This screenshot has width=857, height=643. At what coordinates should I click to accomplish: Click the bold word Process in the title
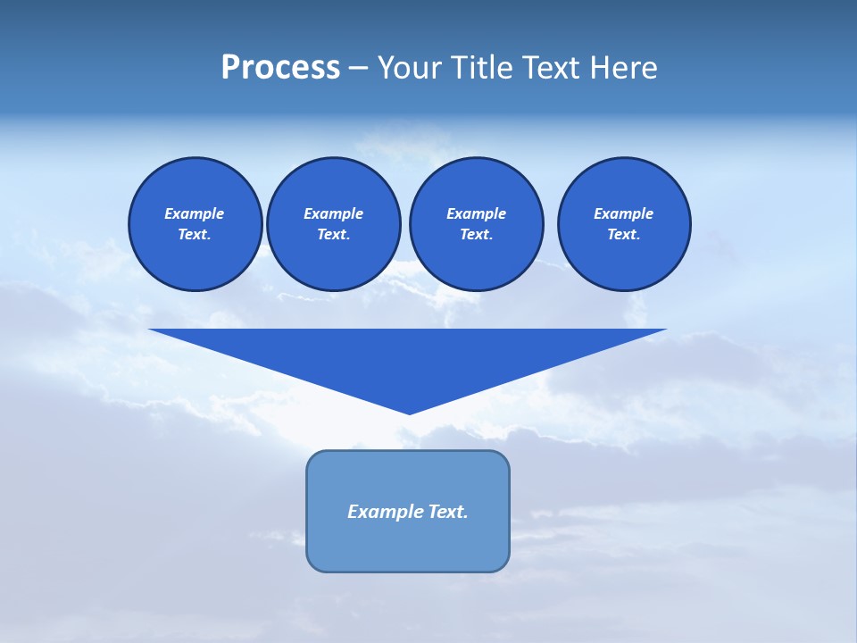click(280, 68)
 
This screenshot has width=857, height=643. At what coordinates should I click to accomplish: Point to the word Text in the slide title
click(557, 68)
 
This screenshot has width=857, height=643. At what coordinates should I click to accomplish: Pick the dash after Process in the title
click(358, 69)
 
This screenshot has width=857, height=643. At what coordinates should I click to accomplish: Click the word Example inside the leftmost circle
click(195, 213)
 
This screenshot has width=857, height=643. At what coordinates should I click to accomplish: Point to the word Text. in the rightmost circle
click(624, 234)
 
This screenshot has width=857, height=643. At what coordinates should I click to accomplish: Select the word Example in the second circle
click(333, 213)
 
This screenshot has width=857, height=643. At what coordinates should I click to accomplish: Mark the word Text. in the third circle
click(476, 234)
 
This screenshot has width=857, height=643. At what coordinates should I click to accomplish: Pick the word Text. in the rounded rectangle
click(448, 512)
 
